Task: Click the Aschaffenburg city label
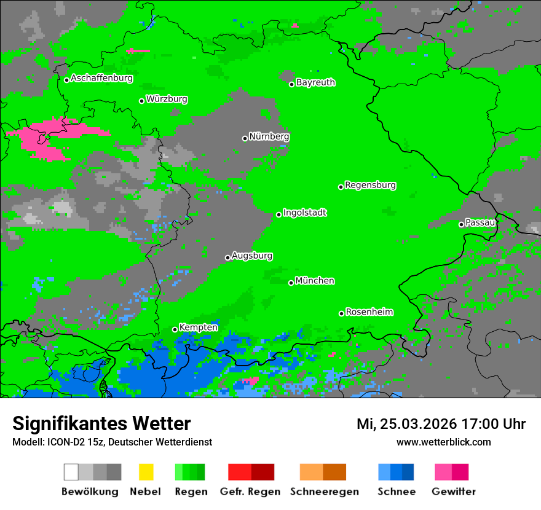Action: click(x=101, y=78)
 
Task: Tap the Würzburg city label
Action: click(x=167, y=99)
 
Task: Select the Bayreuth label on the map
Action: click(x=315, y=82)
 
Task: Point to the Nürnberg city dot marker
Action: click(x=245, y=138)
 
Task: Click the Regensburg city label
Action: click(x=370, y=185)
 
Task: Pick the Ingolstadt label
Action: click(x=305, y=213)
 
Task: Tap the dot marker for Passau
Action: click(x=461, y=224)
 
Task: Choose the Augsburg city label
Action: click(x=252, y=256)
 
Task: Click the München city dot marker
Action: click(x=291, y=283)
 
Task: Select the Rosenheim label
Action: click(x=369, y=312)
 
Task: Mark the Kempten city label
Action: click(x=198, y=328)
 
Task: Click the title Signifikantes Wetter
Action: click(x=101, y=423)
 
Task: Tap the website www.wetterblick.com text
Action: click(x=443, y=442)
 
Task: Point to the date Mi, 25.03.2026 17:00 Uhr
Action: click(x=441, y=424)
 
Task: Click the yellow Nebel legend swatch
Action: click(x=146, y=472)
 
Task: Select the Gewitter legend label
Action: click(x=454, y=492)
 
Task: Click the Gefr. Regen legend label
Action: click(x=250, y=492)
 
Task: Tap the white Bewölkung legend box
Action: click(x=71, y=472)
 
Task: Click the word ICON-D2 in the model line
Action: click(x=63, y=442)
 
